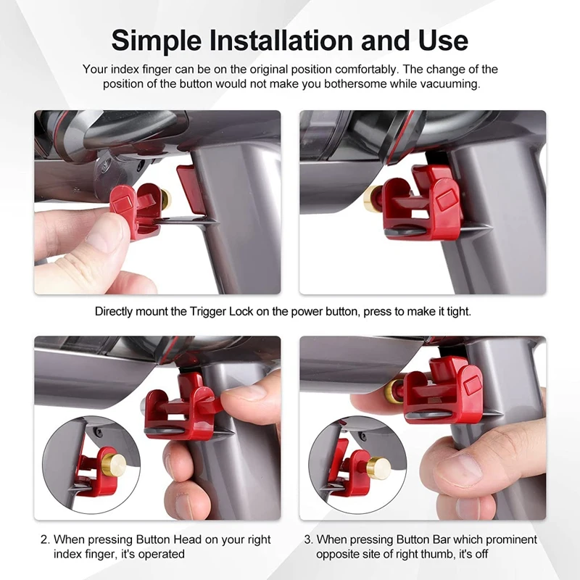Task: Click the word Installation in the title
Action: (281, 40)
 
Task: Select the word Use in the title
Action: (444, 40)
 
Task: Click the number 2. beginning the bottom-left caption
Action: (46, 539)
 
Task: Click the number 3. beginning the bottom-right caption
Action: (309, 539)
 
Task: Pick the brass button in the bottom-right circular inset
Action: (378, 468)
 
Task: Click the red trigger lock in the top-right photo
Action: (421, 203)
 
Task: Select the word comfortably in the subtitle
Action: (367, 70)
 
